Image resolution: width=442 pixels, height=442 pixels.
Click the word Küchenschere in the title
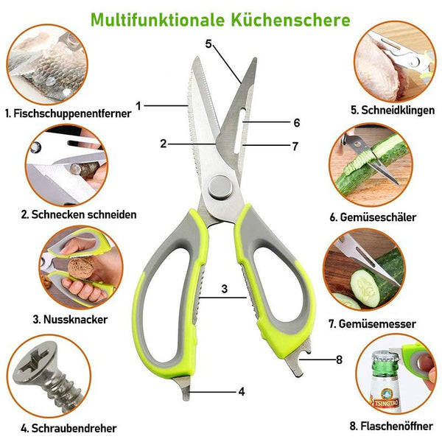tap(291, 20)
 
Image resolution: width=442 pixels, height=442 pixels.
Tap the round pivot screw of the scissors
tap(221, 187)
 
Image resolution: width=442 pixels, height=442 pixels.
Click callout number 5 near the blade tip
tap(208, 44)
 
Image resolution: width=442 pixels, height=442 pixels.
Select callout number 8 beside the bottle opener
tap(339, 359)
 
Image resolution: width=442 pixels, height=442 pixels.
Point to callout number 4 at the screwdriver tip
tap(242, 392)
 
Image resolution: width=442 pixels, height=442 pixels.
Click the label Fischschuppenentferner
tap(69, 113)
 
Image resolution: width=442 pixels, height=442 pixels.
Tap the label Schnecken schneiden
tap(79, 214)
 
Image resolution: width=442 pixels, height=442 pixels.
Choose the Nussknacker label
tap(70, 320)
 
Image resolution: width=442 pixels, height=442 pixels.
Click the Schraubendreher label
tap(69, 428)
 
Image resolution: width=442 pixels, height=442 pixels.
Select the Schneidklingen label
tap(393, 110)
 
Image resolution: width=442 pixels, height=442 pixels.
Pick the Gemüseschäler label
tap(373, 217)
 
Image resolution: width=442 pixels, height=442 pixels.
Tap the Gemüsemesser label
tap(372, 323)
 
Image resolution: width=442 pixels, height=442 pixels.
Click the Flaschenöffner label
tap(391, 426)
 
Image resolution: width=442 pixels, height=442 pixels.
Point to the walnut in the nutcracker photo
tap(82, 268)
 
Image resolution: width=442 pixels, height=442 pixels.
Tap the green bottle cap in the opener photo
tap(385, 359)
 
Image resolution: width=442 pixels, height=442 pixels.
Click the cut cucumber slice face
tap(365, 287)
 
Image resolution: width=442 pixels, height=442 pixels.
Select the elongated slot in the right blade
tap(239, 130)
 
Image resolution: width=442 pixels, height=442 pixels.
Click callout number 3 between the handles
tap(225, 289)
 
